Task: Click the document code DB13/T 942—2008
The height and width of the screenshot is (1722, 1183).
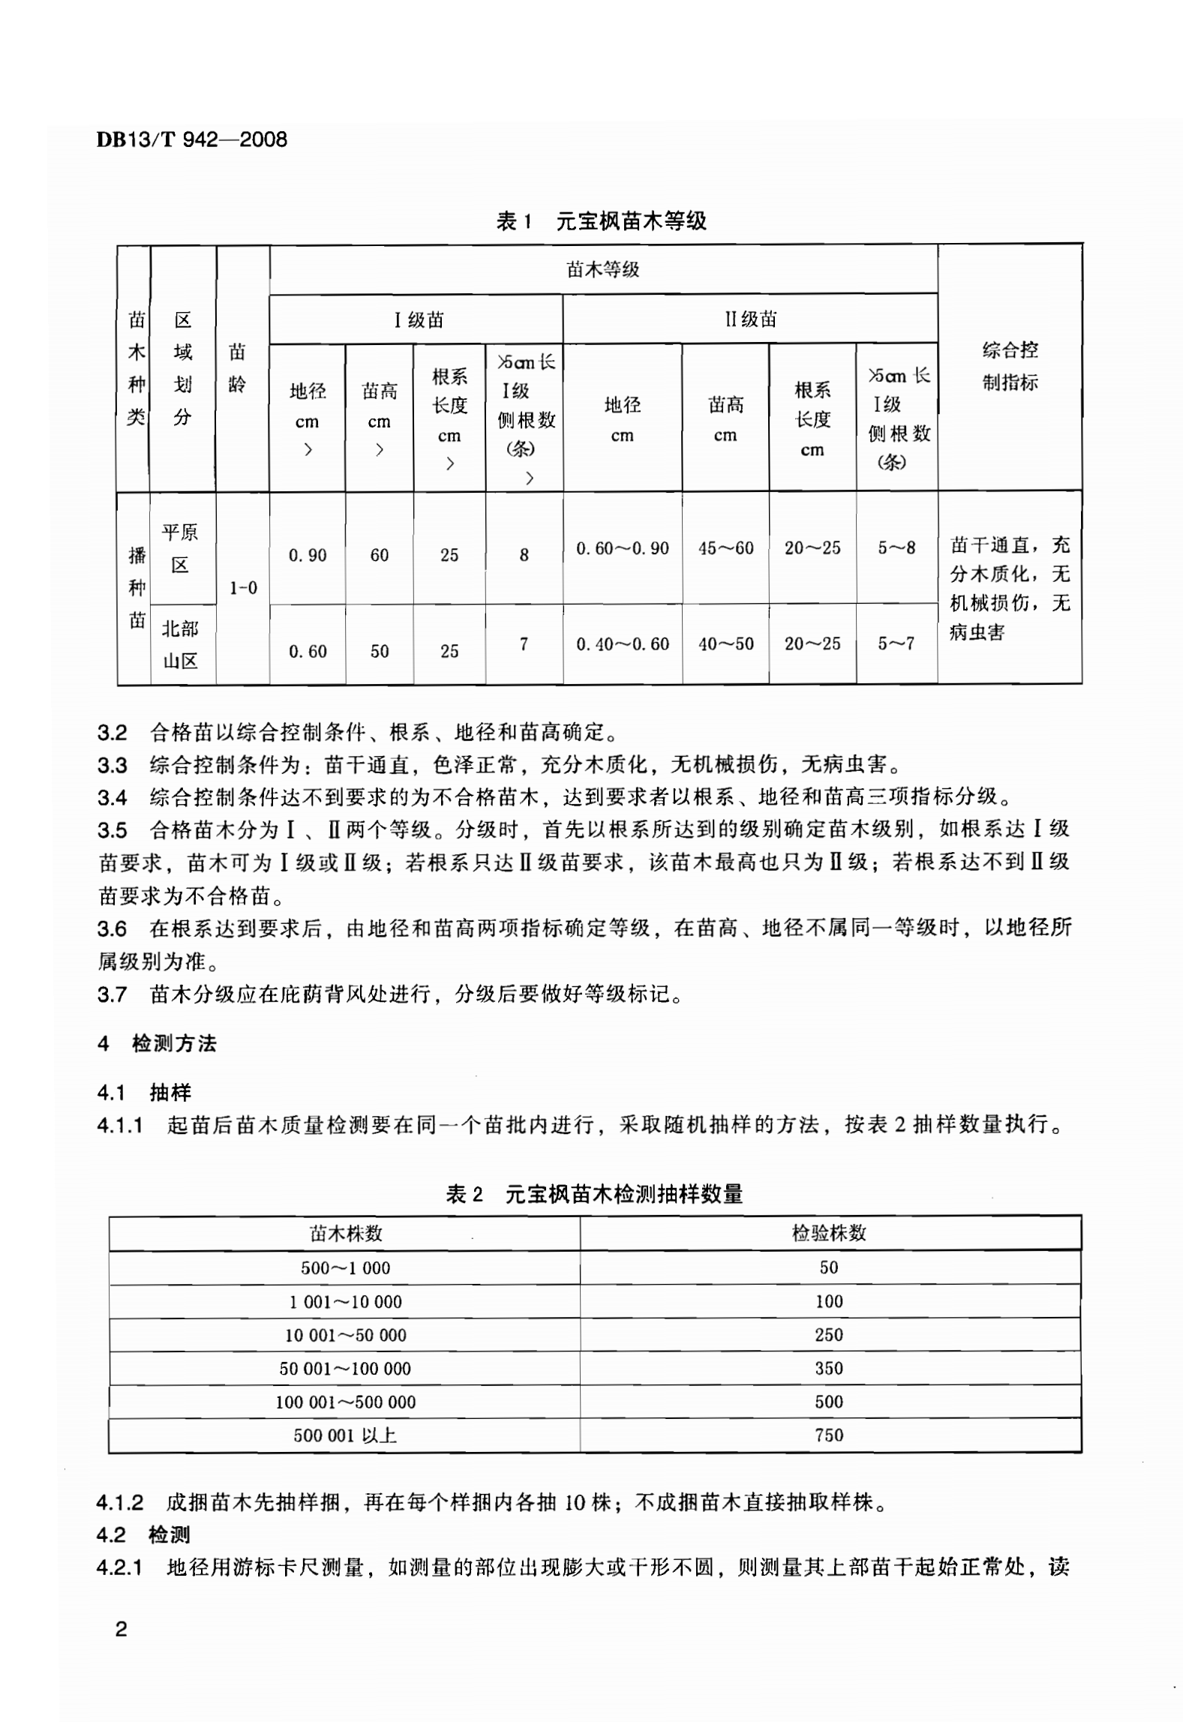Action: (192, 139)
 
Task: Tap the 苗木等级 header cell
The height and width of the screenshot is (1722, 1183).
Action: (602, 270)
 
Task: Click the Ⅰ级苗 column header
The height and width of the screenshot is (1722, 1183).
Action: (419, 320)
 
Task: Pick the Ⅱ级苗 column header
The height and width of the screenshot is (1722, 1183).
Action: (750, 319)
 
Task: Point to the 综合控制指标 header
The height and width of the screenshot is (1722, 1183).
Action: (1010, 366)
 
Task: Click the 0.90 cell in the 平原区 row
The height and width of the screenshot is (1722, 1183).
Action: (308, 555)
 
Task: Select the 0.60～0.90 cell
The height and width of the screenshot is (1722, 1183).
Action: (622, 548)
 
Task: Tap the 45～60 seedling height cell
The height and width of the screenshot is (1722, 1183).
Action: (725, 548)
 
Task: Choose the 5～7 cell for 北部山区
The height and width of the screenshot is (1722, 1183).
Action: (896, 643)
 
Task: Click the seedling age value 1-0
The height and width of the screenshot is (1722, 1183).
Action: (243, 588)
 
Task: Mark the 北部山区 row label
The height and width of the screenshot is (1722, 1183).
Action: (180, 644)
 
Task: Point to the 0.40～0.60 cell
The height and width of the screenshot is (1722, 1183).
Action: (622, 643)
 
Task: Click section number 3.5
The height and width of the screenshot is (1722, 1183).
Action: (112, 830)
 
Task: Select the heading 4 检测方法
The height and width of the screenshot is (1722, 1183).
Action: (158, 1043)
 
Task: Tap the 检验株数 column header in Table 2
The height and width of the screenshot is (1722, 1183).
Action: (829, 1233)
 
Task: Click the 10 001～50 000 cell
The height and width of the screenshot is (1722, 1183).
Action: (345, 1335)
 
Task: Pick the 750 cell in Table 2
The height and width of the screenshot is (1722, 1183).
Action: (829, 1435)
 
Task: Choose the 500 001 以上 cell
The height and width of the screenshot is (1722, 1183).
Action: (345, 1435)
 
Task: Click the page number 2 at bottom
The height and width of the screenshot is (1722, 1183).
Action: (119, 1629)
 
